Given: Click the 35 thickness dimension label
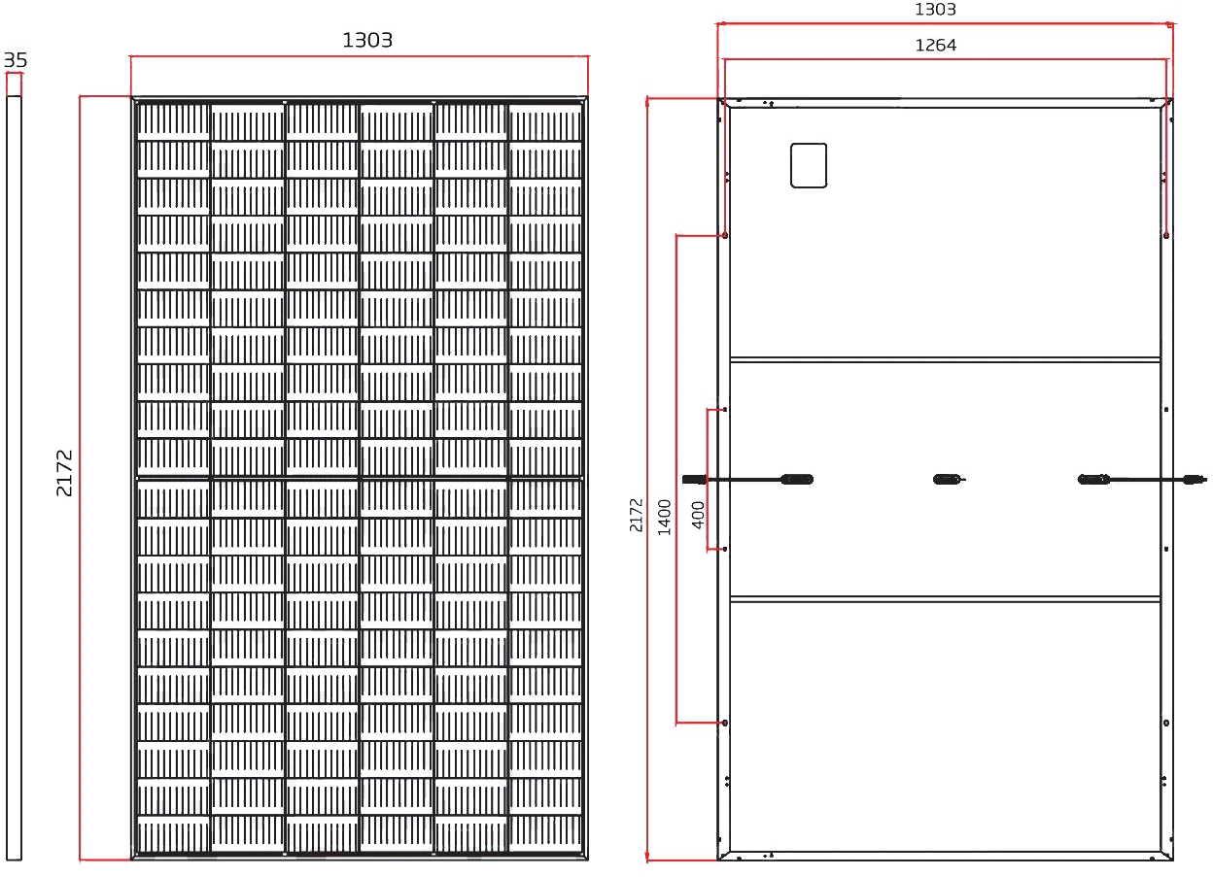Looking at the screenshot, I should pos(15,60).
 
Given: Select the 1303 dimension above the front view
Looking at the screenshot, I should pos(367,40).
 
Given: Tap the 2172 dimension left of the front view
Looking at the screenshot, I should pos(65,473).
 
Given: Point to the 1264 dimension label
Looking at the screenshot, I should pos(936,46).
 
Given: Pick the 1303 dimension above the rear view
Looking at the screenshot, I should pos(936,10).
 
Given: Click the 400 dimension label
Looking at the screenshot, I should pos(698,514).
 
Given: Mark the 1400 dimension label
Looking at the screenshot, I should pos(665,516).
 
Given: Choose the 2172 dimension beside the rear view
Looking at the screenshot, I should pos(637,516).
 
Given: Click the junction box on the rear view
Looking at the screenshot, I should pos(808,165).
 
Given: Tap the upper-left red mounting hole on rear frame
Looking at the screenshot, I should pos(725,234).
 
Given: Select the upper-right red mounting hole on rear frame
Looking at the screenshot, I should pos(1165,234).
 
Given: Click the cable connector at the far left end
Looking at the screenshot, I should pos(692,478).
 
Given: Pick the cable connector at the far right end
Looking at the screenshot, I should pos(1194,479).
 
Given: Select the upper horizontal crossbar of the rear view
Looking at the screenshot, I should pos(943,355).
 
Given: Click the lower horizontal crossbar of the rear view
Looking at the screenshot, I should pos(943,596).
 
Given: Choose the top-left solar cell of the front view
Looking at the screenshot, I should pos(172,121).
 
